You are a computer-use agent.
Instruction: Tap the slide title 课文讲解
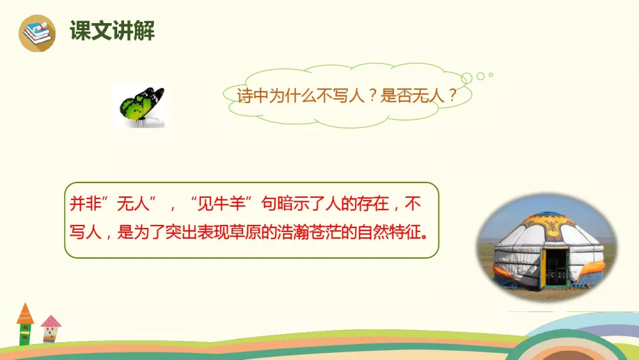coord(112,31)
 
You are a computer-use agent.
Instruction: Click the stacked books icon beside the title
coord(37,33)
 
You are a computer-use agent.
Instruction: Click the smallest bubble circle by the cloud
coord(490,75)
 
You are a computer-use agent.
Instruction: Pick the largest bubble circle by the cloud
coord(467,78)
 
